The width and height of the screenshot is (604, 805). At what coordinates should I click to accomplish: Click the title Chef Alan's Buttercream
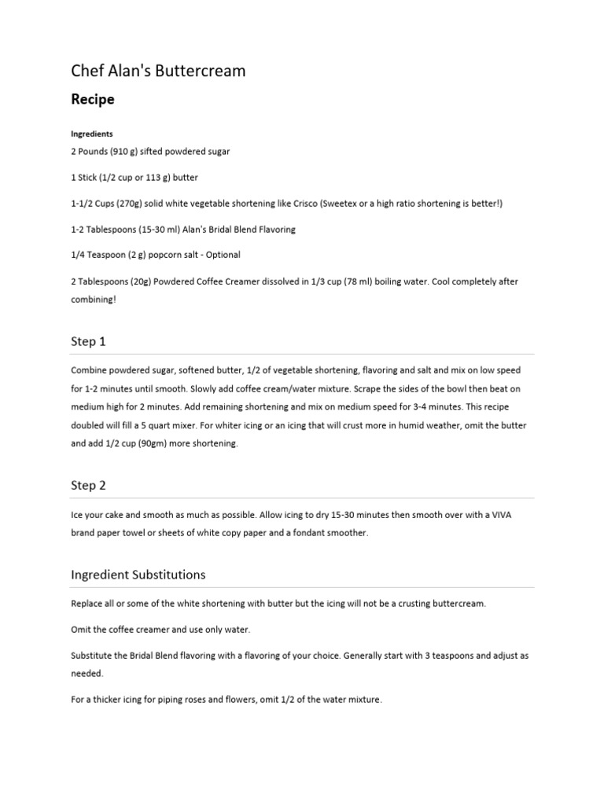tap(158, 71)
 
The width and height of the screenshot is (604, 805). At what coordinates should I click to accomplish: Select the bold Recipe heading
tap(93, 100)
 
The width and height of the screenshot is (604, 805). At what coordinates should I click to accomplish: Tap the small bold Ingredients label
tap(92, 134)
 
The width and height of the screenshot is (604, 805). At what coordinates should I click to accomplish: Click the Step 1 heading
tap(88, 341)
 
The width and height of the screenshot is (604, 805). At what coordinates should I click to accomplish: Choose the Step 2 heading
tap(88, 485)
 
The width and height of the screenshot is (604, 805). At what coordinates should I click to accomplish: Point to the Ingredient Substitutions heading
tap(138, 575)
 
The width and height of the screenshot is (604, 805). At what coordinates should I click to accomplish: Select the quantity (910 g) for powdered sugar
tap(123, 151)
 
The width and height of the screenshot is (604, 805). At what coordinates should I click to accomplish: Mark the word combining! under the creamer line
tap(94, 300)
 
